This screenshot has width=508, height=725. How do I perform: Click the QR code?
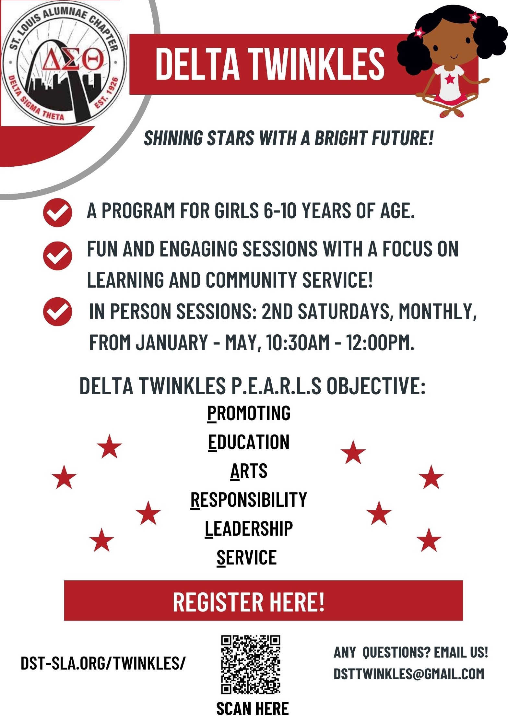pyautogui.click(x=251, y=664)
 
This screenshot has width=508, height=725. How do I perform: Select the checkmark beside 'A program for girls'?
pyautogui.click(x=57, y=212)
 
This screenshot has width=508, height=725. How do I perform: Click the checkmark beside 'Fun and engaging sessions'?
pyautogui.click(x=57, y=256)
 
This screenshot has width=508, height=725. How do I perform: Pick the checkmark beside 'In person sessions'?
pyautogui.click(x=57, y=311)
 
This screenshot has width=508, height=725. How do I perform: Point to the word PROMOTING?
pyautogui.click(x=249, y=413)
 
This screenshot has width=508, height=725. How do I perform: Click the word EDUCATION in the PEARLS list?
pyautogui.click(x=249, y=442)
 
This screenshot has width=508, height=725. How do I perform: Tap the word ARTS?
pyautogui.click(x=249, y=471)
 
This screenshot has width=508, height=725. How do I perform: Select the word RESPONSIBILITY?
pyautogui.click(x=249, y=500)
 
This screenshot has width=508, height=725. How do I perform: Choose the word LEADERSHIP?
pyautogui.click(x=249, y=529)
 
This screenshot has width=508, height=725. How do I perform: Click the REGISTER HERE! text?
pyautogui.click(x=249, y=602)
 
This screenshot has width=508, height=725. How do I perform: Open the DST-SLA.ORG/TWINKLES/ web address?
pyautogui.click(x=103, y=663)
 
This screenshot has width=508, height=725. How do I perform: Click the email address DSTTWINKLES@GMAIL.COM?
pyautogui.click(x=409, y=674)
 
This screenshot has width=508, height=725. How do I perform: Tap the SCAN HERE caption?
pyautogui.click(x=252, y=708)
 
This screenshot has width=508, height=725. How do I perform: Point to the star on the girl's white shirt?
pyautogui.click(x=450, y=79)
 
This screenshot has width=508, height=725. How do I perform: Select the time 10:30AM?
pyautogui.click(x=298, y=342)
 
